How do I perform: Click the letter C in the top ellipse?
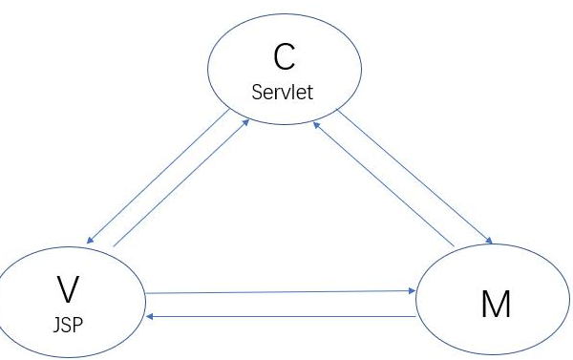click(285, 58)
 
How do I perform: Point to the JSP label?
click(67, 322)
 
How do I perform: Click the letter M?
click(495, 305)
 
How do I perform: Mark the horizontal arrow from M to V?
click(277, 315)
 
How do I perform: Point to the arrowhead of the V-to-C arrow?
click(250, 121)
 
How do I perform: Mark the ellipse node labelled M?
click(493, 304)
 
